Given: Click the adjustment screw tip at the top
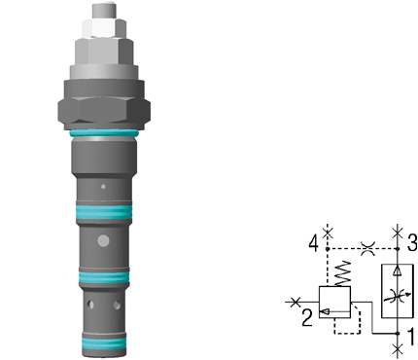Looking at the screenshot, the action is (104, 11).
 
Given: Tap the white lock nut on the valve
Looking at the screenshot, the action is (104, 28).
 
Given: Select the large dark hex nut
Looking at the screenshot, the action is (104, 111).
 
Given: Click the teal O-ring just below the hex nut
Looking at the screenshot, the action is (104, 133).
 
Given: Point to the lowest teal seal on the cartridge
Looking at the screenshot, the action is (104, 343).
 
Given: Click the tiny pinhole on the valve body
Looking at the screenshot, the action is (103, 187).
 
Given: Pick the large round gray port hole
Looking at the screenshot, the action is (103, 240).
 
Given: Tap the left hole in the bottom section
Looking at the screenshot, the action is (91, 305).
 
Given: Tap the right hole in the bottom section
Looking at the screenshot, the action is (117, 305).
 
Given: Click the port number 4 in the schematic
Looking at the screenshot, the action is (313, 243).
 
